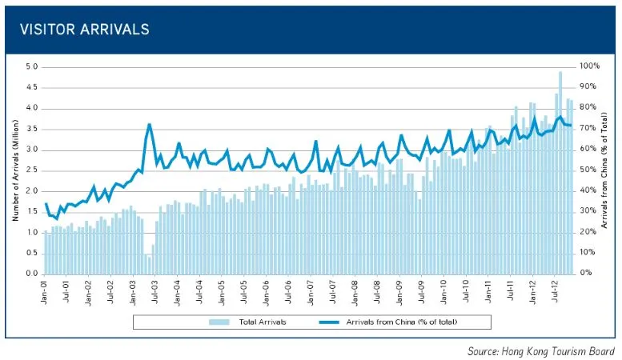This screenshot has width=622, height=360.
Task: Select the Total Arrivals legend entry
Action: pyautogui.click(x=253, y=322)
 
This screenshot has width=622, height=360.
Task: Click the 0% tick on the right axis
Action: pyautogui.click(x=588, y=274)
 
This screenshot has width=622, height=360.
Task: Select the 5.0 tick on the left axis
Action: pyautogui.click(x=31, y=66)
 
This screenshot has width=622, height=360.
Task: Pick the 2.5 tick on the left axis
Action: pyautogui.click(x=31, y=170)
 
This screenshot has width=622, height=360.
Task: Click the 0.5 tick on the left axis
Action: pyautogui.click(x=31, y=253)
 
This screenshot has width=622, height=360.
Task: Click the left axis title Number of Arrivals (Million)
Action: pyautogui.click(x=15, y=170)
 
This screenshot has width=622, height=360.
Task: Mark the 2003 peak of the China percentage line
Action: pyautogui.click(x=150, y=125)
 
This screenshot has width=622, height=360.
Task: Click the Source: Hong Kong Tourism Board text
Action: pyautogui.click(x=541, y=350)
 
